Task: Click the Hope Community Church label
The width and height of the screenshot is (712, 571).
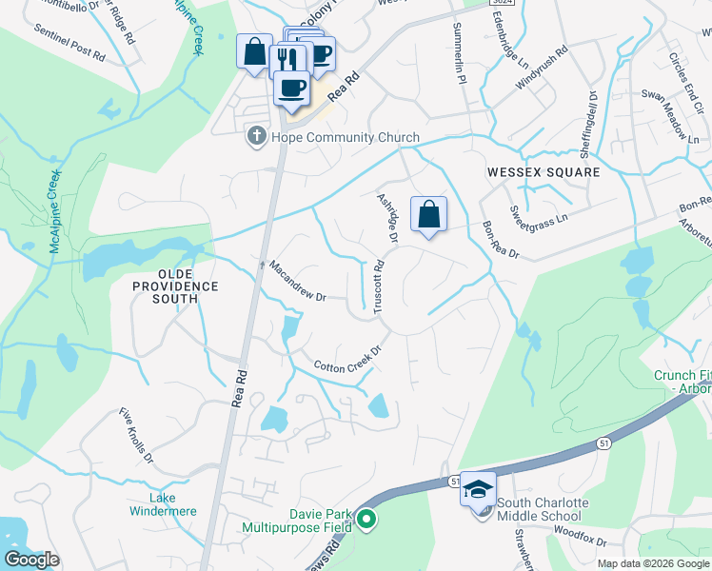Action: tap(346, 137)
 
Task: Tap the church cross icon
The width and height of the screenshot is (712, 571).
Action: tap(255, 137)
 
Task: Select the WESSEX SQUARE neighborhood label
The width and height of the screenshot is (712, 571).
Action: tap(544, 172)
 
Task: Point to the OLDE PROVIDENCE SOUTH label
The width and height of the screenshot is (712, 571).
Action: tap(175, 292)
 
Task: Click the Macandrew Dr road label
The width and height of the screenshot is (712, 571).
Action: tap(298, 282)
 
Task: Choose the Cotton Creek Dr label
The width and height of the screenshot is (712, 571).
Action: tap(347, 359)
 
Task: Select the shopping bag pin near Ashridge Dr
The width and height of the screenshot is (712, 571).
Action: tap(429, 215)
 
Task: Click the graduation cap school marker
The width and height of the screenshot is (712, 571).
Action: tap(479, 489)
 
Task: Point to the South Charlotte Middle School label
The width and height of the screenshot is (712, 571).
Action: tap(544, 509)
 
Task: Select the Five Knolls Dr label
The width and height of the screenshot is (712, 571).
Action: tap(136, 436)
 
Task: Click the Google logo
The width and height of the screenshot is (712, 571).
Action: tap(31, 560)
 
